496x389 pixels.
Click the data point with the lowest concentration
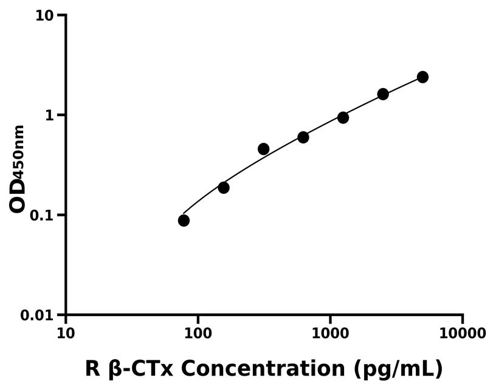[184, 220]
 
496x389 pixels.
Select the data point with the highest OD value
[422, 77]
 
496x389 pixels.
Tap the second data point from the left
[224, 188]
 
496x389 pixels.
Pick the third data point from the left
[263, 149]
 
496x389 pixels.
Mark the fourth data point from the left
[303, 137]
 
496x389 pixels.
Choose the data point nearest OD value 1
[343, 117]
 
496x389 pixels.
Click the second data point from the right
[383, 94]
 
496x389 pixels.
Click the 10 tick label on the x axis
[66, 333]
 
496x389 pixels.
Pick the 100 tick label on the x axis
[198, 333]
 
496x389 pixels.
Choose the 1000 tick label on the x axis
[330, 333]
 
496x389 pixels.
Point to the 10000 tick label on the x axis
[463, 333]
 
